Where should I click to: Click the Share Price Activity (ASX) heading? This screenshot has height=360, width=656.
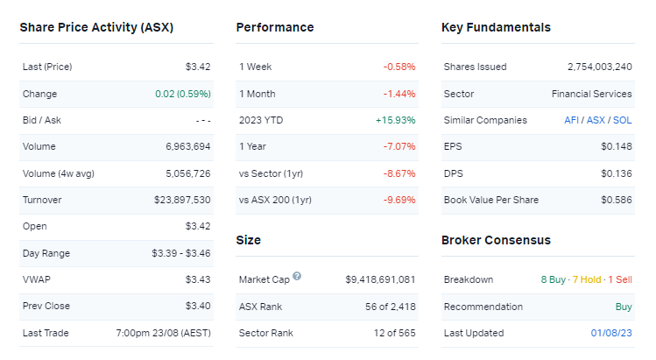tap(96, 27)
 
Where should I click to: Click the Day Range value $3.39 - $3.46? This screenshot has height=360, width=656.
tap(181, 253)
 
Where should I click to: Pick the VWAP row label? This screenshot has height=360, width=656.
tap(35, 279)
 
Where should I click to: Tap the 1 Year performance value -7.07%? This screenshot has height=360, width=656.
tap(399, 146)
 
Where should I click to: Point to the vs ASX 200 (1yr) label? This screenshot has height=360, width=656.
tap(275, 200)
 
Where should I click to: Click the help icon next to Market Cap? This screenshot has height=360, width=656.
tap(297, 277)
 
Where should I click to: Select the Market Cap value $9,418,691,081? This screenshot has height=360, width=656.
tap(380, 279)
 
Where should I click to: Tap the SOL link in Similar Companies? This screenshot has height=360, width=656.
tap(623, 120)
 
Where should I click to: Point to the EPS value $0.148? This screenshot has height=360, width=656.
tap(617, 146)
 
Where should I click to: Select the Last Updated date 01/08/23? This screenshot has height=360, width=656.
tap(610, 333)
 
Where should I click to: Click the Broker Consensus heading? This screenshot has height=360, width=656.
tap(496, 240)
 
